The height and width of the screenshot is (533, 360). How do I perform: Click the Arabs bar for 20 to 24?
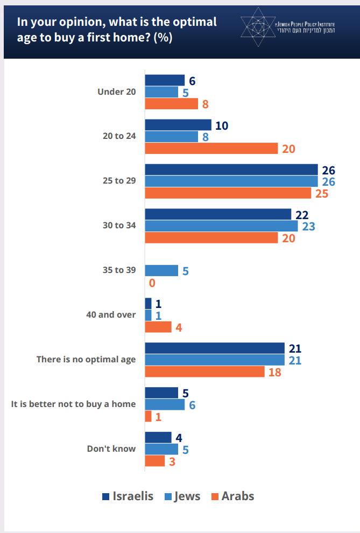pyautogui.click(x=211, y=149)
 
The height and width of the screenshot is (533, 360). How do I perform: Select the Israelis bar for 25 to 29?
pyautogui.click(x=231, y=170)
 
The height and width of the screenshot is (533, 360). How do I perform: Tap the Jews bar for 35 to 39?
pyautogui.click(x=161, y=271)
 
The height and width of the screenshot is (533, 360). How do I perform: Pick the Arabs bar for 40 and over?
pyautogui.click(x=158, y=327)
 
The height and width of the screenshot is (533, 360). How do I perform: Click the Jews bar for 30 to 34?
pyautogui.click(x=221, y=226)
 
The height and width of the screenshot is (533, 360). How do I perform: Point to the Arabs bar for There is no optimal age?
pyautogui.click(x=204, y=371)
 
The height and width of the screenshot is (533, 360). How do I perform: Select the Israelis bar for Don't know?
pyautogui.click(x=158, y=437)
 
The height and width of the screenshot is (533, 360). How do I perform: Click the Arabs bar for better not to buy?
pyautogui.click(x=148, y=416)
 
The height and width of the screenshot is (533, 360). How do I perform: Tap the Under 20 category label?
pyautogui.click(x=117, y=92)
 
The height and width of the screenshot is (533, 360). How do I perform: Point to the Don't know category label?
pyautogui.click(x=111, y=448)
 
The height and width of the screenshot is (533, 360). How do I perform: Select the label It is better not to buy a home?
pyautogui.click(x=73, y=404)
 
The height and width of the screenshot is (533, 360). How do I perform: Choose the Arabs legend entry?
pyautogui.click(x=232, y=496)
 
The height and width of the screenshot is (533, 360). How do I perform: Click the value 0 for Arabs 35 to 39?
pyautogui.click(x=152, y=283)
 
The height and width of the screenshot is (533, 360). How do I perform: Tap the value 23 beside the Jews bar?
pyautogui.click(x=308, y=226)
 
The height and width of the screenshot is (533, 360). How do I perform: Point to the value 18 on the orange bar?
pyautogui.click(x=274, y=372)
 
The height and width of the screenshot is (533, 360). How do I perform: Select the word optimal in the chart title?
pyautogui.click(x=189, y=22)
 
